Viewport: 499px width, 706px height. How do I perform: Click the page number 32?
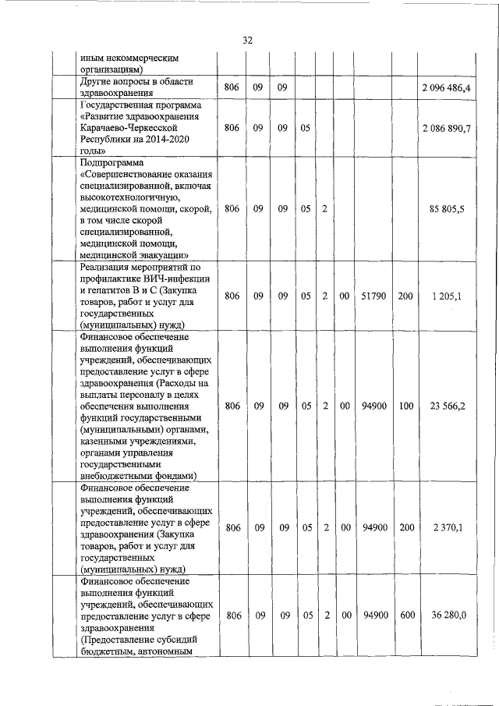248,40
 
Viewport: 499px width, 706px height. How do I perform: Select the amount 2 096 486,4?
444,87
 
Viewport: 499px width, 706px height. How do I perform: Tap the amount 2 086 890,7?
444,127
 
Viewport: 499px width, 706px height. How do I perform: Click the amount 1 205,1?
448,296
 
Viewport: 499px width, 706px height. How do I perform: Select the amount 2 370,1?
448,528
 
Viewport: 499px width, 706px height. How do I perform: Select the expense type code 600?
405,616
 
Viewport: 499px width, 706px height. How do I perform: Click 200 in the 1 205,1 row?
405,296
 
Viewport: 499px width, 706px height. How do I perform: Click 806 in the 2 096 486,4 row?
232,87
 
